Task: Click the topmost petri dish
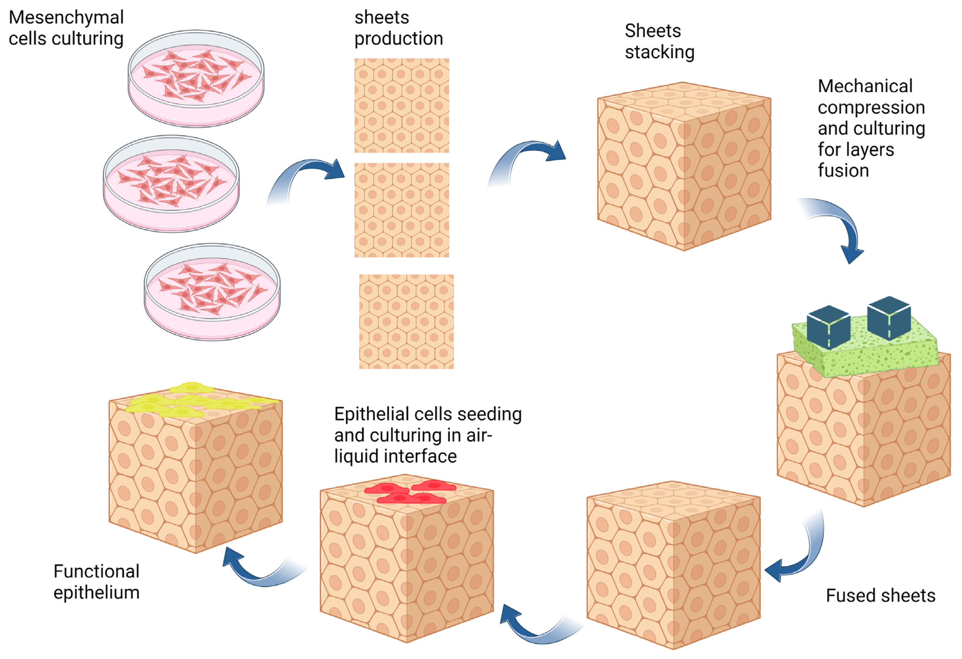(196, 79)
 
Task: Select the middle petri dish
(171, 184)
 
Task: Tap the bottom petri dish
(212, 292)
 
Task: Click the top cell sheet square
(401, 105)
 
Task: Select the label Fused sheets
(880, 595)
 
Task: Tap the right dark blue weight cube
(889, 318)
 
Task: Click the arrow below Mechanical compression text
(840, 228)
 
